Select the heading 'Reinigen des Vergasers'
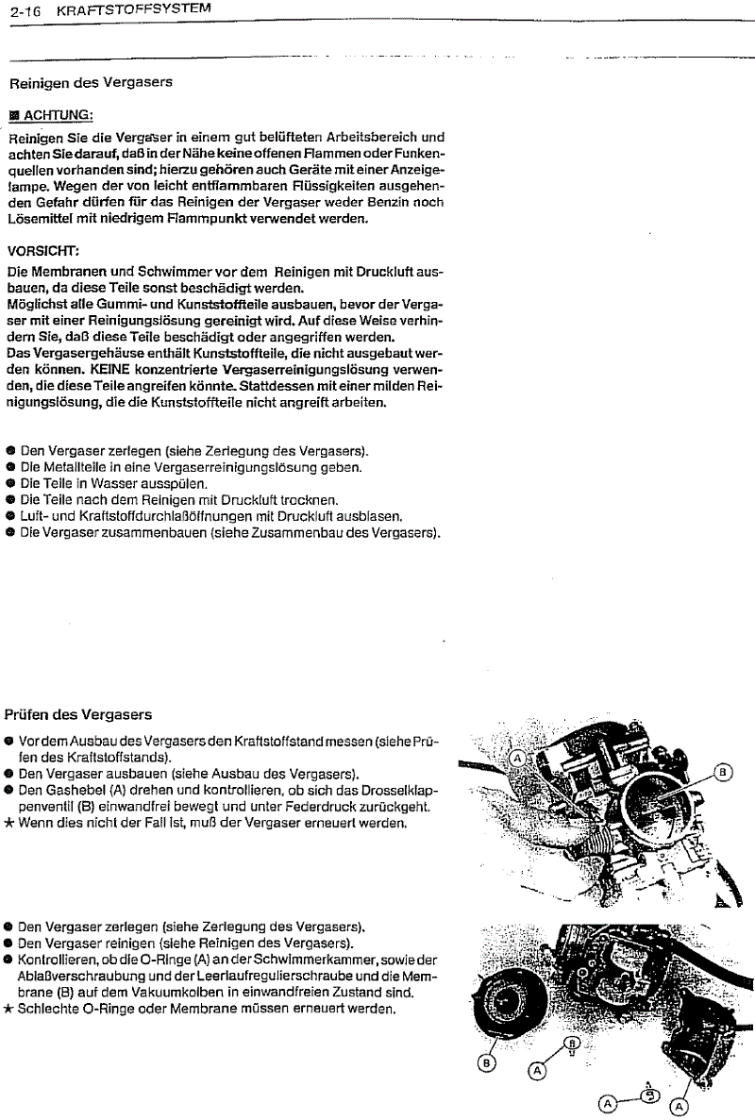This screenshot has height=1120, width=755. [91, 82]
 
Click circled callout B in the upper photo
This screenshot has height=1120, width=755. [724, 773]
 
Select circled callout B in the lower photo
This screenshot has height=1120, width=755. [487, 1063]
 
